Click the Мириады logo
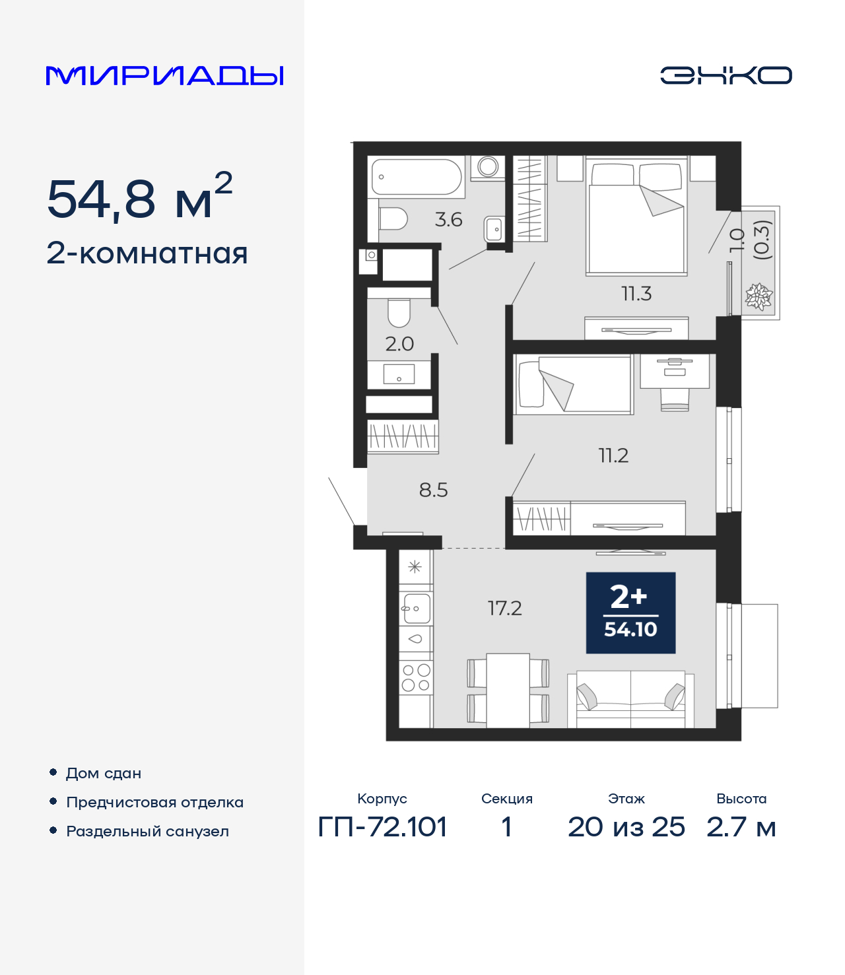(164, 76)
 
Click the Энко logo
(726, 75)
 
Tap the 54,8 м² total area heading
(139, 198)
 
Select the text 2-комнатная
(147, 253)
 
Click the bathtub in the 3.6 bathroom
(416, 177)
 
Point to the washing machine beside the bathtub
(488, 167)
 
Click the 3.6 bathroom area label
(448, 220)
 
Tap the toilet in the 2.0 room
(399, 313)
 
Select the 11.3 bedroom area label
(636, 294)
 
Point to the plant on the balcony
(759, 296)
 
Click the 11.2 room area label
(613, 455)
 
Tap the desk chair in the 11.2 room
(675, 399)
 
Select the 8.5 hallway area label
(433, 490)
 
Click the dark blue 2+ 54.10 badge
(630, 613)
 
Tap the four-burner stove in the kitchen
(416, 678)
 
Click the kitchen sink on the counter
(416, 608)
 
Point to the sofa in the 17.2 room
(630, 700)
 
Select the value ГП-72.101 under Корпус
(382, 827)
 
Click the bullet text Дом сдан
(104, 773)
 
